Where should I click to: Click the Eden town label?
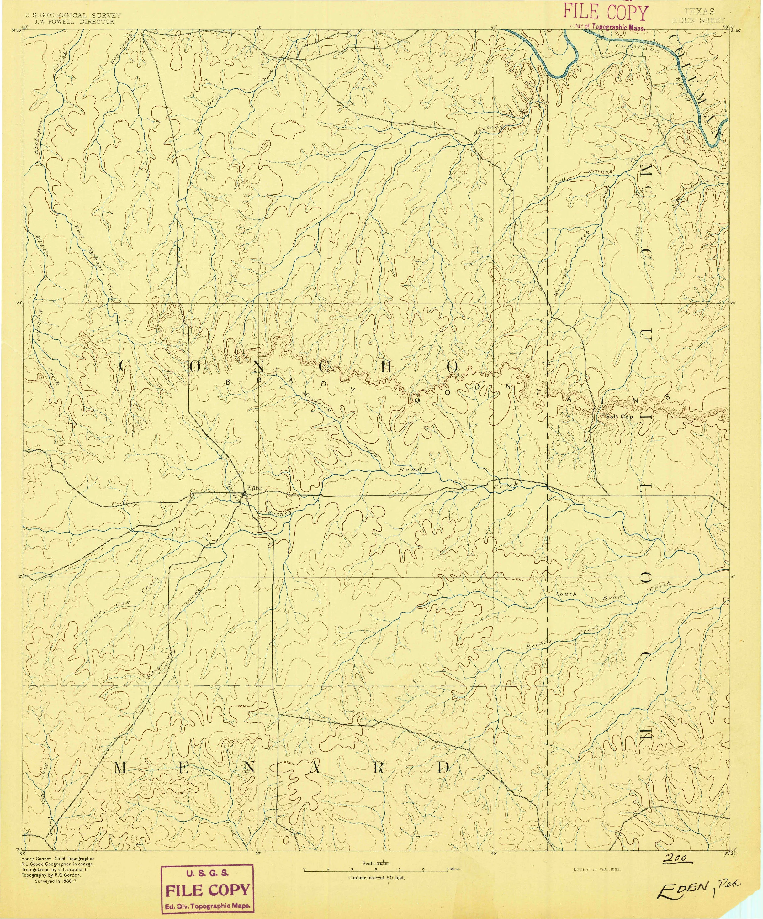(253, 487)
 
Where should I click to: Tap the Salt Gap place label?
(619, 417)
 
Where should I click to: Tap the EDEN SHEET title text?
(699, 20)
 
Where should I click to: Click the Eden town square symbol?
(245, 495)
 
